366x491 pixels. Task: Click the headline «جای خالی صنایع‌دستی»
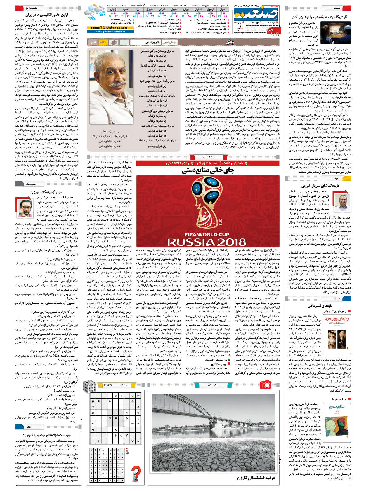point(208,171)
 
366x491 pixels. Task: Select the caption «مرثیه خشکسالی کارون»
point(256,478)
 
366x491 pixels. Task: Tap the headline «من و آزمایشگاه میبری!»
point(47,192)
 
